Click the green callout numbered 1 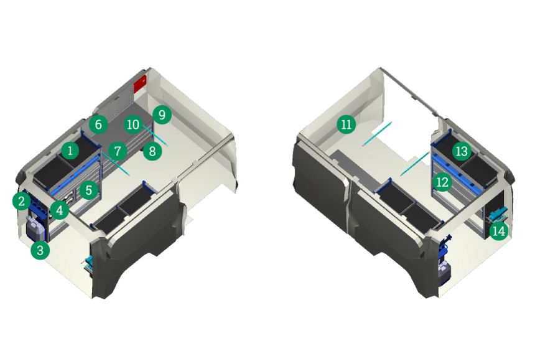coord(70,150)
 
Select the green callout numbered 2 coord(22,201)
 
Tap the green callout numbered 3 coord(40,250)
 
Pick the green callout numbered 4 coord(60,210)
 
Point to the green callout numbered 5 coord(89,190)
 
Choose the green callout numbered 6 coord(98,124)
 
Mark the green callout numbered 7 coord(118,151)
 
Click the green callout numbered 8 coord(152,151)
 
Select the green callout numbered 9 coord(162,115)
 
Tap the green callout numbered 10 coord(133,124)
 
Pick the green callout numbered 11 coord(347,124)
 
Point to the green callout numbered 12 coord(442,182)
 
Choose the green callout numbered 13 coord(462,151)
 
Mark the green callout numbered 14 coord(499,231)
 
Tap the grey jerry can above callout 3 coord(36,229)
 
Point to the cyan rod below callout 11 coord(377,134)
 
